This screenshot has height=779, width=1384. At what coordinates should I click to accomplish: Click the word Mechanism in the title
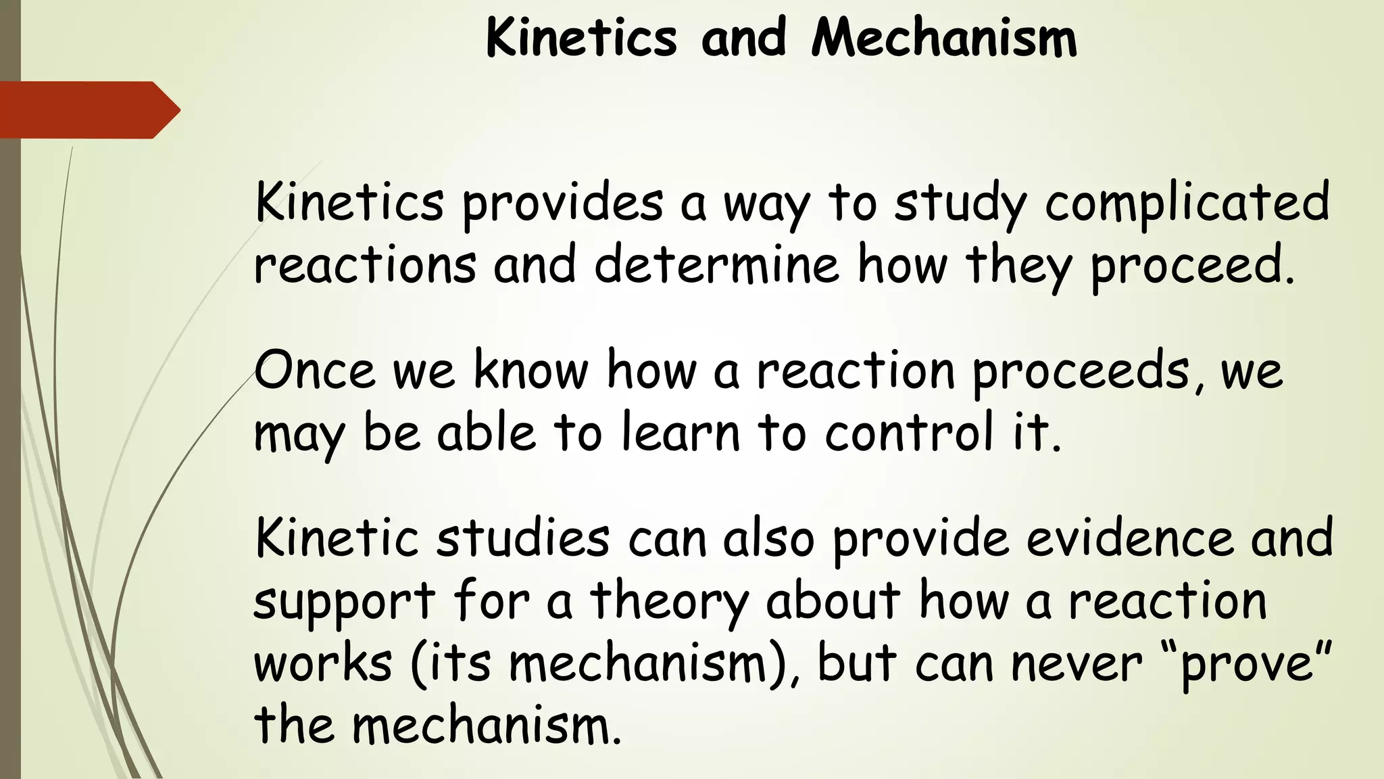coord(943,38)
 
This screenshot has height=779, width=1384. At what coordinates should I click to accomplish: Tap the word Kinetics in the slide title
coord(581,38)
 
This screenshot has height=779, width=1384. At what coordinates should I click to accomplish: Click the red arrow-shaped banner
coord(88,110)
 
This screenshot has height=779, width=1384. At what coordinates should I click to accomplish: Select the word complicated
coord(1187,203)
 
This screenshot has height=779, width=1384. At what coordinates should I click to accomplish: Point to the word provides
coord(562,203)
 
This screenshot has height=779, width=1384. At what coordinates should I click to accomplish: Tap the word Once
coord(314,370)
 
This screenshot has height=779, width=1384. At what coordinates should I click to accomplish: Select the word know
coord(530,370)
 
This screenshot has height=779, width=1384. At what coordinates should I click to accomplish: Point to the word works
coord(323,663)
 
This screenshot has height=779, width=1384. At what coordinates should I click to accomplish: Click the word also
coord(768,538)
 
